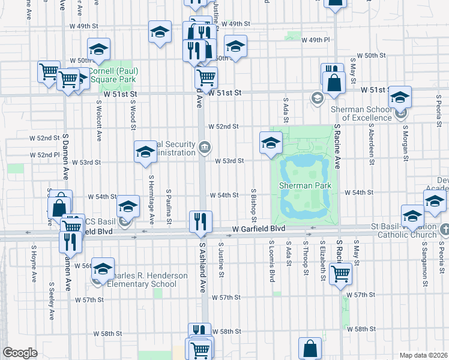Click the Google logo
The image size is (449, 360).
tap(20, 353)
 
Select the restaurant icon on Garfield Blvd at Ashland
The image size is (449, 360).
tap(199, 222)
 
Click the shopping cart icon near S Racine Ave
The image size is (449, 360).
tap(340, 274)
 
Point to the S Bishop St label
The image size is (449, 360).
tap(255, 202)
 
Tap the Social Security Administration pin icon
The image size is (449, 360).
tap(205, 146)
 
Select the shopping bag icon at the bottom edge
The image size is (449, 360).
tap(310, 349)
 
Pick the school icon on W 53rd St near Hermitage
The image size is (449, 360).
tap(145, 152)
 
